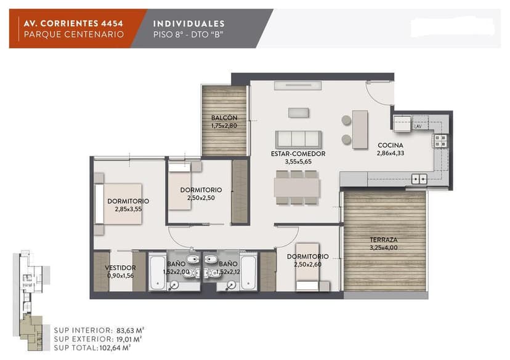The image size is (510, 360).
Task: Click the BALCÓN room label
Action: pos(224,118)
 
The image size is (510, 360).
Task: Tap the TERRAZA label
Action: pos(384,240)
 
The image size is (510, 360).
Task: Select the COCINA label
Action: pos(391,145)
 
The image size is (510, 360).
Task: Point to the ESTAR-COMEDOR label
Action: pos(298,154)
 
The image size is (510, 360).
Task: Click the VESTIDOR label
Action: pos(120,268)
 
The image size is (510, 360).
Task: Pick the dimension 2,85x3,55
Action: pos(128,209)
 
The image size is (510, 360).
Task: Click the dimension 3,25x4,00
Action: pos(384,247)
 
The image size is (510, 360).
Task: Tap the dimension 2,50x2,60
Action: pos(308,265)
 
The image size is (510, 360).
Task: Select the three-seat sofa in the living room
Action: pos(298,140)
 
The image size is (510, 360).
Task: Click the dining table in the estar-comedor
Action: pos(297,188)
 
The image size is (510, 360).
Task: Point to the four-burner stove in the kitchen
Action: pos(441,141)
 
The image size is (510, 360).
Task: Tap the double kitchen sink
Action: pos(419,179)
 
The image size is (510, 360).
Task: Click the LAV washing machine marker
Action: pos(418,126)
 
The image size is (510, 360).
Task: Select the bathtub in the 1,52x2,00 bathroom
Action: pos(158,271)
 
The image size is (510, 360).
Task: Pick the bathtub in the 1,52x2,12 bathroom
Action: pos(248,271)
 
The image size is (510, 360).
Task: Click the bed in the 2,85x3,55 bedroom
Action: pos(118,204)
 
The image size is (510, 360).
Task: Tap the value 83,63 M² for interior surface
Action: pos(130,330)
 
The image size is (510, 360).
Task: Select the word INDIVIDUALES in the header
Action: pos(188,24)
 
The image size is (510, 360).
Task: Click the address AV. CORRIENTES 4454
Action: pos(73,23)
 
